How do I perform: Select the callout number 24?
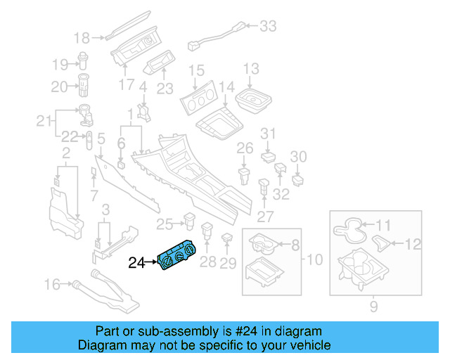[136, 264]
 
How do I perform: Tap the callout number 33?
[268, 26]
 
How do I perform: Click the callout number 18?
[82, 37]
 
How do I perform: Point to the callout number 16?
[52, 284]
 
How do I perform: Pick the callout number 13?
[251, 69]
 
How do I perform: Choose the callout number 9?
[373, 306]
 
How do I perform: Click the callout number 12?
[414, 244]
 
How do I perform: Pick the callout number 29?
[228, 263]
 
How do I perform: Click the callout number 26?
[244, 148]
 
